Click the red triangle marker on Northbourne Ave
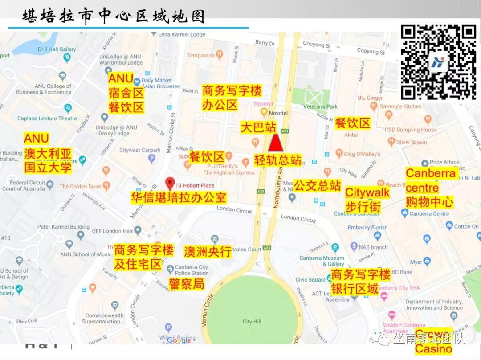[276, 143]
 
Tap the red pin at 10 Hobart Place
[170, 183]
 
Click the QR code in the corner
[438, 62]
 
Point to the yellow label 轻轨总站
[278, 160]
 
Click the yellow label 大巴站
[259, 127]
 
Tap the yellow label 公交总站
[317, 185]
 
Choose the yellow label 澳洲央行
[208, 251]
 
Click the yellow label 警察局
[186, 283]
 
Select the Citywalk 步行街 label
[367, 199]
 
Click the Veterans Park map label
[333, 106]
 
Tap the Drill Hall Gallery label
[57, 49]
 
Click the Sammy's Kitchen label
[400, 106]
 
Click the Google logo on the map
[179, 340]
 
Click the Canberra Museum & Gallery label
[322, 261]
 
